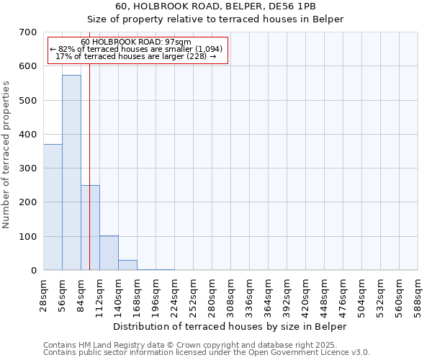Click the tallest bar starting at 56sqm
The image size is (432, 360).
click(x=71, y=173)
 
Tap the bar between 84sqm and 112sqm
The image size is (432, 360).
click(x=90, y=228)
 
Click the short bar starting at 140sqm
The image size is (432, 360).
click(x=127, y=265)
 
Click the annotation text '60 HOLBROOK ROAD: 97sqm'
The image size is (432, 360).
click(x=136, y=42)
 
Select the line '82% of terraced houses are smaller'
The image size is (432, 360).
click(x=136, y=49)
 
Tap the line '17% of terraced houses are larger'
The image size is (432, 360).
click(x=136, y=56)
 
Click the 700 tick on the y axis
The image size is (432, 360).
click(x=28, y=32)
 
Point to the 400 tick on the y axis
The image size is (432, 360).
click(x=28, y=135)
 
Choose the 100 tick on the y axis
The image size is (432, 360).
click(x=28, y=237)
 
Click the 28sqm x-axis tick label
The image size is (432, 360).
click(x=43, y=294)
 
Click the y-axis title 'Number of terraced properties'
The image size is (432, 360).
click(x=6, y=154)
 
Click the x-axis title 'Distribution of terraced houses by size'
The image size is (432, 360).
click(x=230, y=326)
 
